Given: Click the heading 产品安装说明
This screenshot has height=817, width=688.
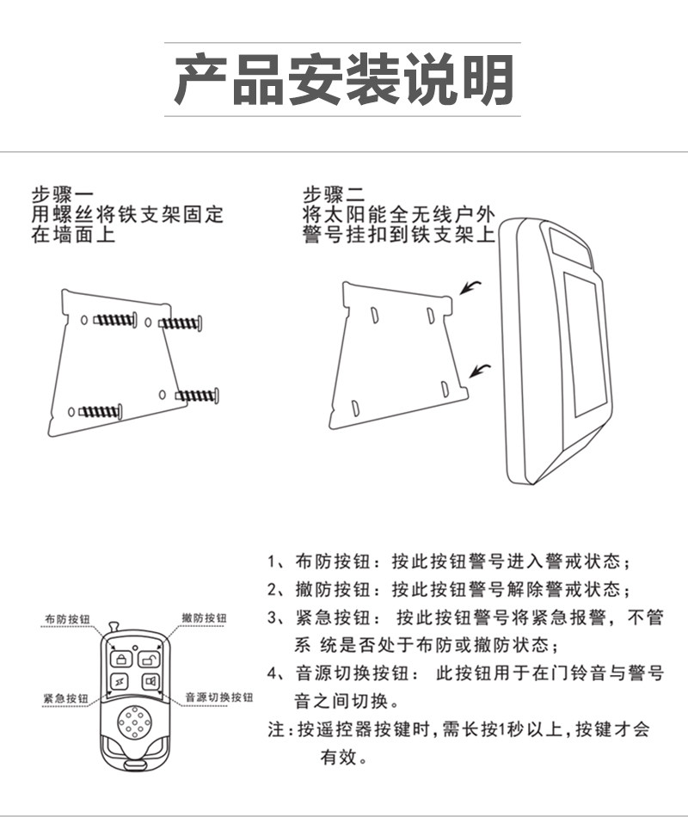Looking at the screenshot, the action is (344, 79).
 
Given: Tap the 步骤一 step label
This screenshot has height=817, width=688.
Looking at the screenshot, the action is (63, 195).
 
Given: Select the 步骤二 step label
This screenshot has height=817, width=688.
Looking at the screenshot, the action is (334, 195).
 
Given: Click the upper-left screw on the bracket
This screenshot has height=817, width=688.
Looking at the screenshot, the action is (115, 319).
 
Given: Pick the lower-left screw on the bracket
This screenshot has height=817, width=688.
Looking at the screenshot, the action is (101, 412).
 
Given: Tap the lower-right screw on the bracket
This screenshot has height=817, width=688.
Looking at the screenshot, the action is (197, 396).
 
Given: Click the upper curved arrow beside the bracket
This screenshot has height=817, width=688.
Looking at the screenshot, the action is (470, 287).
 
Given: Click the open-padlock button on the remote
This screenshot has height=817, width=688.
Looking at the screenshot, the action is (149, 660).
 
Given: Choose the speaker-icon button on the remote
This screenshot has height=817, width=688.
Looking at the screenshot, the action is (150, 681).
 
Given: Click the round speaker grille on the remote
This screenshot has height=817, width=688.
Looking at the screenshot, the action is (136, 722).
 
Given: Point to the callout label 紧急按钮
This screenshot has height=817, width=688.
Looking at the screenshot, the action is (65, 698).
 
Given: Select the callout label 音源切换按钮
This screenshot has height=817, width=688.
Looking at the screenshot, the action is (219, 697).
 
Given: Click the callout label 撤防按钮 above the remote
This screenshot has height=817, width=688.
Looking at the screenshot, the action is (205, 618).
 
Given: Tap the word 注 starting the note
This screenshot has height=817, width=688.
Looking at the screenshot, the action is (276, 729).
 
